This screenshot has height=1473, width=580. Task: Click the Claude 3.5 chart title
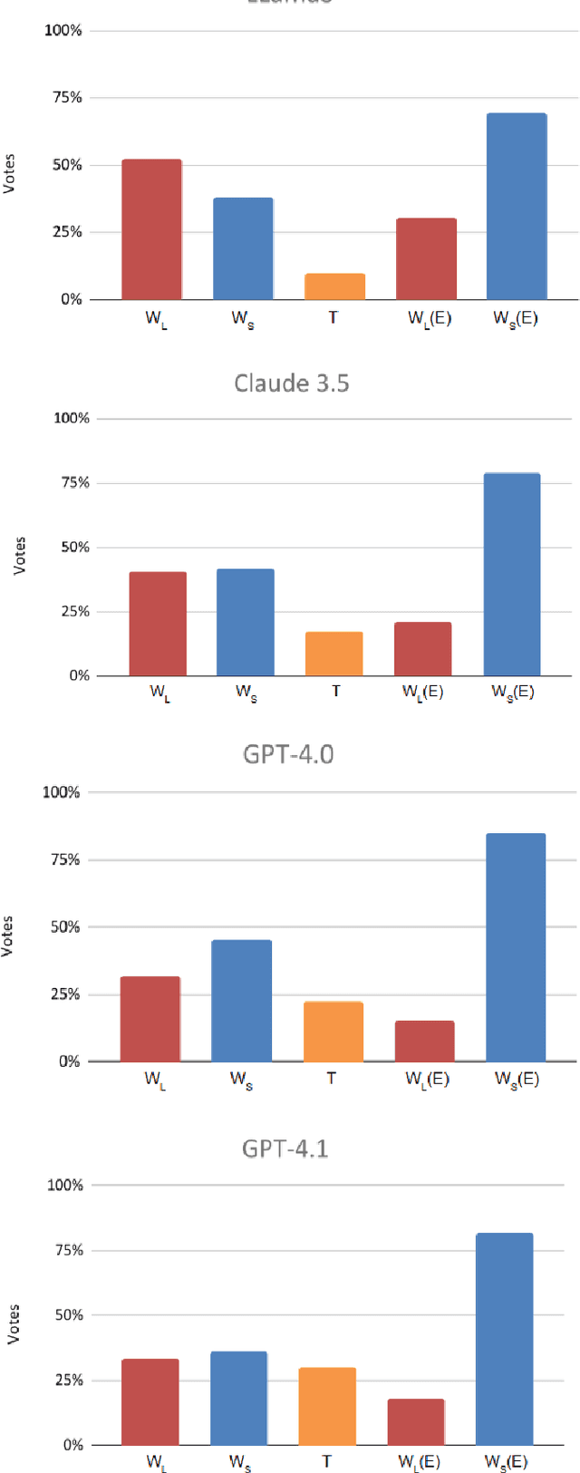point(291,383)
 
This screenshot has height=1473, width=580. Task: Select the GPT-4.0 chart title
point(288,754)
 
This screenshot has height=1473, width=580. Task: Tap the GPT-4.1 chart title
point(285,1148)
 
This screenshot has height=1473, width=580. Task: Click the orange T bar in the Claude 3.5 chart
point(334,654)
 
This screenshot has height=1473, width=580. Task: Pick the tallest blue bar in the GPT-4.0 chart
point(516,947)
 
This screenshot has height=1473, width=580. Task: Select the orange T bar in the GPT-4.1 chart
point(327,1406)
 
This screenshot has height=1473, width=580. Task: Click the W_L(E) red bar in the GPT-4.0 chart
point(424,1041)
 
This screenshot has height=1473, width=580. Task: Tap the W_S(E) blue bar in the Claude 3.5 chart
point(512,575)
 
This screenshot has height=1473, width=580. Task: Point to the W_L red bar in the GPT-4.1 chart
point(150,1401)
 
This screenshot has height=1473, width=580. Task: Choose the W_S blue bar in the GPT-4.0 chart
point(241,1001)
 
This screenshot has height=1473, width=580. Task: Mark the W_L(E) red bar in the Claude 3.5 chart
point(422,649)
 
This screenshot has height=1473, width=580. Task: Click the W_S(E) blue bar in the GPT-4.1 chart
point(504,1339)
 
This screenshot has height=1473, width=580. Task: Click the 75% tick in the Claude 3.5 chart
point(73,482)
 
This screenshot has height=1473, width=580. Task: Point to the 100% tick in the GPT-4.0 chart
point(61,792)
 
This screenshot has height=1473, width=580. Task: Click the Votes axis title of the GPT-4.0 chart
point(8,935)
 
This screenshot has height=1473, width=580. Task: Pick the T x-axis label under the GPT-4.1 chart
point(326,1460)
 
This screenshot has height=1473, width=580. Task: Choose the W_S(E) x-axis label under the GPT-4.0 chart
point(517,1079)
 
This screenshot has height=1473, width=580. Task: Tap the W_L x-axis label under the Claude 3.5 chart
point(159,693)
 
